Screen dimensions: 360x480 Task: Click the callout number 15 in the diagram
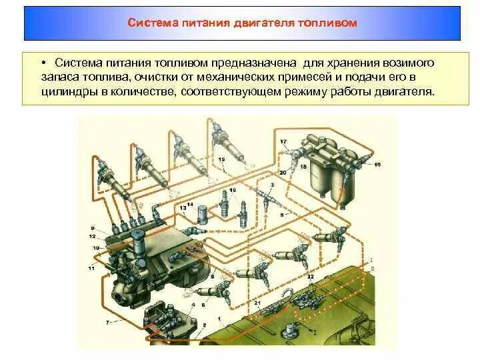pos(221,160)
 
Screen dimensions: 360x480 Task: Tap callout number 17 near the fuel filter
pos(283,142)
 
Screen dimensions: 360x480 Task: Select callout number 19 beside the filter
pos(377,164)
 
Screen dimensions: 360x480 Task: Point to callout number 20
pos(283,173)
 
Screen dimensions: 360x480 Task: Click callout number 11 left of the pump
pos(91,267)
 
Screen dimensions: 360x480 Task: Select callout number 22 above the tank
pos(310,276)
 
